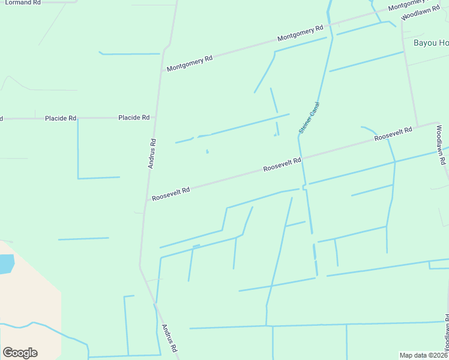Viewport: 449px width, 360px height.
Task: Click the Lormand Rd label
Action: pyautogui.click(x=23, y=2)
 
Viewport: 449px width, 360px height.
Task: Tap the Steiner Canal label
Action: pyautogui.click(x=310, y=118)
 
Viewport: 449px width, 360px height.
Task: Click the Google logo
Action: pyautogui.click(x=20, y=352)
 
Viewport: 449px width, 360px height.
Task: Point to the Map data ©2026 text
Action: pyautogui.click(x=423, y=355)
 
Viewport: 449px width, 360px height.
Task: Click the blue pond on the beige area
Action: pyautogui.click(x=5, y=264)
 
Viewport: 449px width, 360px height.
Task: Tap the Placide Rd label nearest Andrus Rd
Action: pyautogui.click(x=133, y=118)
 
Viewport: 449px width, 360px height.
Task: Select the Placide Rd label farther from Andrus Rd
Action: pyautogui.click(x=60, y=118)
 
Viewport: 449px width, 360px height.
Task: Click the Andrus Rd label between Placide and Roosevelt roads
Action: pyautogui.click(x=152, y=153)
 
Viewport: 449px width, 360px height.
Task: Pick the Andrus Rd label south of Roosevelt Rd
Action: pyautogui.click(x=169, y=338)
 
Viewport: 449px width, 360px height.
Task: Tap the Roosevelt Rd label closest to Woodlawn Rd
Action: pyautogui.click(x=393, y=134)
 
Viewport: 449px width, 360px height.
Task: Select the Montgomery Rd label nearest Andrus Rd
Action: pyautogui.click(x=190, y=63)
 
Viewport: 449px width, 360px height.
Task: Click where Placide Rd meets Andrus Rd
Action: pyautogui.click(x=155, y=118)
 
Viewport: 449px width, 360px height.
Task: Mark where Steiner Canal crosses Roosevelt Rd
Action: pyautogui.click(x=301, y=159)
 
